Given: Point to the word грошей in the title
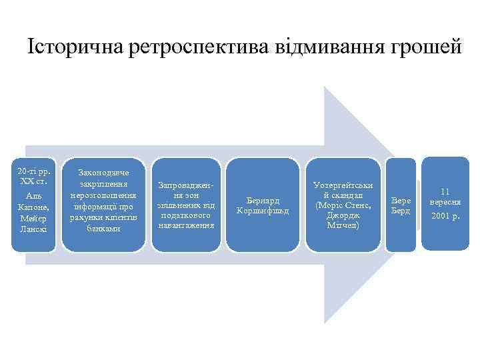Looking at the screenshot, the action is (427, 47).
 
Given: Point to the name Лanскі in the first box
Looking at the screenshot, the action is (33, 229).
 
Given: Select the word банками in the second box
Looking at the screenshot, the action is (104, 228).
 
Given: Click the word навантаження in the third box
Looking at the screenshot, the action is (186, 225).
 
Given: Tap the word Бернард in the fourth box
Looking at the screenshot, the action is (263, 200).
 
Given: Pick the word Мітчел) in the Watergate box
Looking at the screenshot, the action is (343, 225).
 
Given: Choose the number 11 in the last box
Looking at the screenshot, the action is (445, 191).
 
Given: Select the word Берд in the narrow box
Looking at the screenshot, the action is (401, 210).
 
